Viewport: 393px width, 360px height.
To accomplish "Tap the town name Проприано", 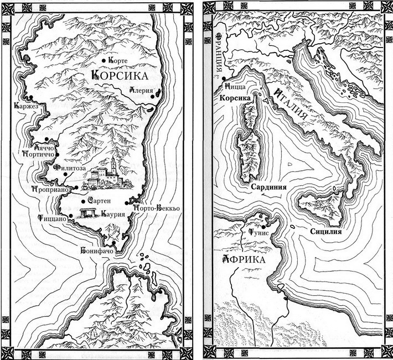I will point(50,189).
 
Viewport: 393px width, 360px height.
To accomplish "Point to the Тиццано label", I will point(53,218).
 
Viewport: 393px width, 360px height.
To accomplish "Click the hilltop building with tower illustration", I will point(107,175).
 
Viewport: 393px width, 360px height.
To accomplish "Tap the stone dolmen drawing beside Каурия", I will point(87,214).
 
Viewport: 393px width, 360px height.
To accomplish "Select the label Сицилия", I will point(325,232).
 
